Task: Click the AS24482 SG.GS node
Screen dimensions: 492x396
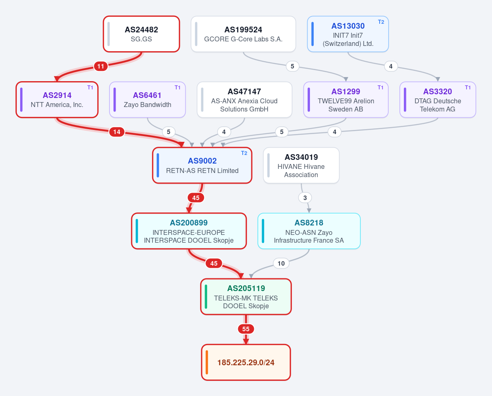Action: click(141, 34)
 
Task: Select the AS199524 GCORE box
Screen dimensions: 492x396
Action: click(243, 34)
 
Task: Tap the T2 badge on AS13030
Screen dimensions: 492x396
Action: click(381, 22)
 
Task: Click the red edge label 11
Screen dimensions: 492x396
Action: click(100, 66)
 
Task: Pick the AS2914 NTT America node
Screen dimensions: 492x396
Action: click(57, 100)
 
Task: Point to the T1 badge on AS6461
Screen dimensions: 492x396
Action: click(178, 87)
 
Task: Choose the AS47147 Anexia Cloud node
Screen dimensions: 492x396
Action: click(244, 100)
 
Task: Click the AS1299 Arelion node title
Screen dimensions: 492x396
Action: click(346, 91)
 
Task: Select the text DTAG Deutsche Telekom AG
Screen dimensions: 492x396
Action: click(437, 105)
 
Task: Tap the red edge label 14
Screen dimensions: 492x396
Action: click(117, 132)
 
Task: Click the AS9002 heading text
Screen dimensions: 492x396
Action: click(202, 161)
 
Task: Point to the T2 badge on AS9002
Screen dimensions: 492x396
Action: click(244, 153)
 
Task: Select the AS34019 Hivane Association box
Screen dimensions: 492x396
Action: click(301, 165)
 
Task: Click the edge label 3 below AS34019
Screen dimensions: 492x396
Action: click(305, 198)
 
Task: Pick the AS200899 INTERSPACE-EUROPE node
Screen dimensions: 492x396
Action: click(189, 231)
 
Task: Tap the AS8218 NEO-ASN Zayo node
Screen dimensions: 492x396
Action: click(309, 231)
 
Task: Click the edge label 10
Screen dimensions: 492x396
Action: click(281, 264)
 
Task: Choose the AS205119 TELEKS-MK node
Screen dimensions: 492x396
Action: click(246, 296)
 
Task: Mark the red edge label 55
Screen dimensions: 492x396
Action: click(246, 329)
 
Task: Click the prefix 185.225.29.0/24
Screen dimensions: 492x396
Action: click(246, 362)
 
